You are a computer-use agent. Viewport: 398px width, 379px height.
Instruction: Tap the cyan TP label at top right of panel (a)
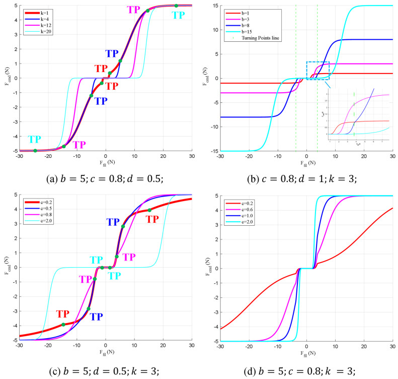point(179,15)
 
